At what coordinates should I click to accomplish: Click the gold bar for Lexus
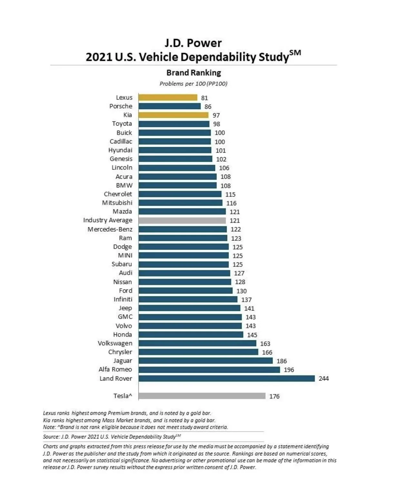pyautogui.click(x=168, y=98)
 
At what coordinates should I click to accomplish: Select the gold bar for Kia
pyautogui.click(x=173, y=115)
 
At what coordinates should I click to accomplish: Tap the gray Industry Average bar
pyautogui.click(x=182, y=221)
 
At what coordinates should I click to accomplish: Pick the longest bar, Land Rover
pyautogui.click(x=227, y=379)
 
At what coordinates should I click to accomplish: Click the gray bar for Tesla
pyautogui.click(x=202, y=396)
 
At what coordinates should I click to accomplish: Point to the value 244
pyautogui.click(x=323, y=379)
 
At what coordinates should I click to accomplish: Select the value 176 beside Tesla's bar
pyautogui.click(x=274, y=396)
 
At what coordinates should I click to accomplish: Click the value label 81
pyautogui.click(x=204, y=98)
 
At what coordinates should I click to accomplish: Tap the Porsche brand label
pyautogui.click(x=121, y=106)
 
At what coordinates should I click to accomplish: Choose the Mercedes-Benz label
pyautogui.click(x=110, y=229)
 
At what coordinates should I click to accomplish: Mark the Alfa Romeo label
pyautogui.click(x=115, y=370)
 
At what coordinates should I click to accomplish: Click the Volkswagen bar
pyautogui.click(x=197, y=343)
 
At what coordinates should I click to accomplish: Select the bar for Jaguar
pyautogui.click(x=206, y=361)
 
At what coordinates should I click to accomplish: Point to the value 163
pyautogui.click(x=265, y=344)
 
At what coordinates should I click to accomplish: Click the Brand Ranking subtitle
pyautogui.click(x=193, y=73)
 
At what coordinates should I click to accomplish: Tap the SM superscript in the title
pyautogui.click(x=295, y=53)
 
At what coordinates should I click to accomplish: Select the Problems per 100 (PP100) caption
pyautogui.click(x=193, y=84)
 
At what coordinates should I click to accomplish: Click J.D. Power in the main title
pyautogui.click(x=193, y=43)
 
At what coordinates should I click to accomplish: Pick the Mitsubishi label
pyautogui.click(x=117, y=203)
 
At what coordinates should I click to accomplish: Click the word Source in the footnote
pyautogui.click(x=51, y=437)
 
